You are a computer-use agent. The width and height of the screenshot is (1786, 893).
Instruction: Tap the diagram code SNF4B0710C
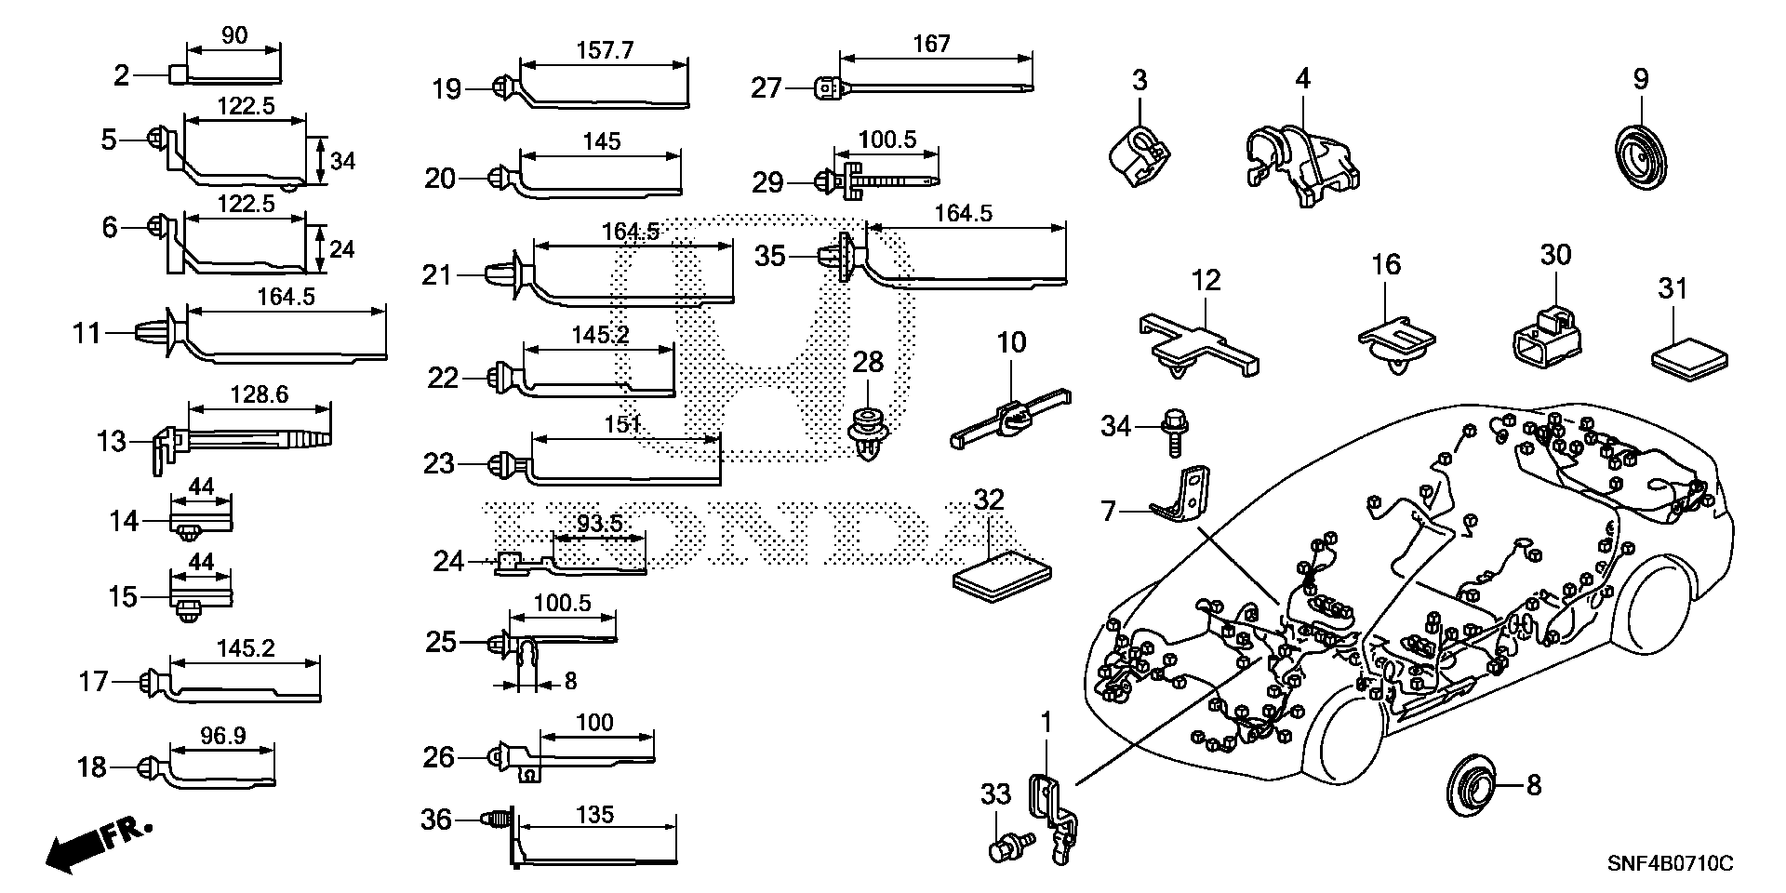(1671, 864)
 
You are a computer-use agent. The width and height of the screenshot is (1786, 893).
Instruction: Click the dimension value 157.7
(606, 50)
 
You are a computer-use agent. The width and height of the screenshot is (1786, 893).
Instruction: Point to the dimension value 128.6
(259, 394)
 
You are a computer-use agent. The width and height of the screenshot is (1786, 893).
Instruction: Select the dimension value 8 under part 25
(570, 682)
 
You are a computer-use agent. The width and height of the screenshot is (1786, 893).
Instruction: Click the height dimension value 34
(343, 161)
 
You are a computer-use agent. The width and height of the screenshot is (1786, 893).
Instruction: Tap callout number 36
(436, 820)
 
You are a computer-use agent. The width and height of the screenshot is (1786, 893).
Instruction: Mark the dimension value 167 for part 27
(931, 44)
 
